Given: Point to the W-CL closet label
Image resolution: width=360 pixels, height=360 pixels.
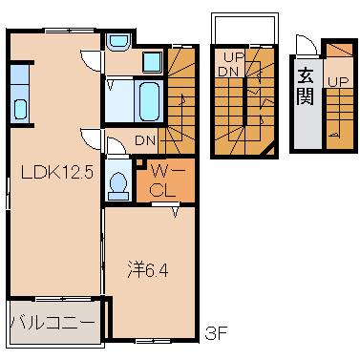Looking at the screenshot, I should [162, 180].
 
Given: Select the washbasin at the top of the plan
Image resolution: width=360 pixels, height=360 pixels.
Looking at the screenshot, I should [119, 42].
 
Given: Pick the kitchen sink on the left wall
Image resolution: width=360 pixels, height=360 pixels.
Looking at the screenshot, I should [21, 95].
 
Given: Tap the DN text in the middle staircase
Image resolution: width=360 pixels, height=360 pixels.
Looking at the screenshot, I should [228, 72].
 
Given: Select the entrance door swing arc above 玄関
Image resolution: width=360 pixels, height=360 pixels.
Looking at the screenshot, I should [304, 48].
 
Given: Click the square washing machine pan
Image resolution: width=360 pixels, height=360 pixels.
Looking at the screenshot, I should [153, 63].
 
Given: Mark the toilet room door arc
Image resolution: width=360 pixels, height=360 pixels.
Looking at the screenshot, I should [116, 145].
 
